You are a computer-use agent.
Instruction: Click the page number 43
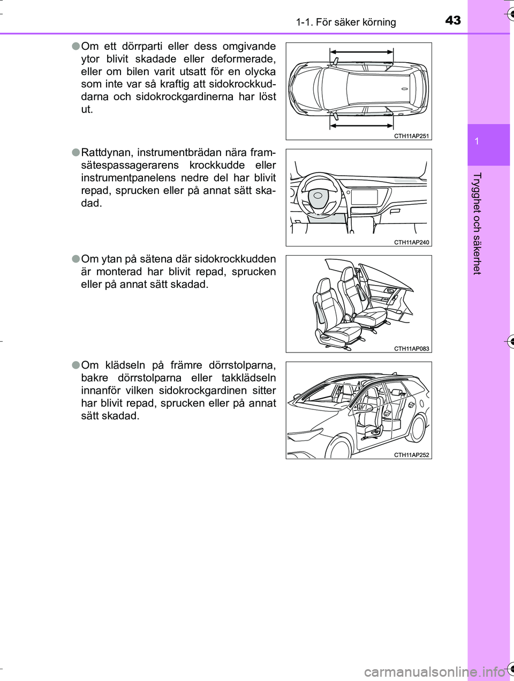(452, 20)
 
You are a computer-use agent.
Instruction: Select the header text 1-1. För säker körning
(346, 23)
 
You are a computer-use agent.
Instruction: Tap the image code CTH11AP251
(411, 136)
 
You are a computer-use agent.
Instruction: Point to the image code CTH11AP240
(411, 242)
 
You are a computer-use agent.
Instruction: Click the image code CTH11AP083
(411, 349)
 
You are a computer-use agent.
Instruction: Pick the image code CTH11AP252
(411, 455)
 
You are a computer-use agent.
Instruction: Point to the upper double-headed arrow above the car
(361, 52)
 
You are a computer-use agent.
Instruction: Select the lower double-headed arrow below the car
(361, 125)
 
